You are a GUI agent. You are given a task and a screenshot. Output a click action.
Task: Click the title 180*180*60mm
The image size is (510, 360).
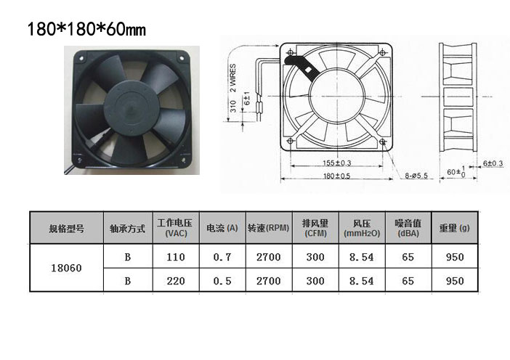[87, 29]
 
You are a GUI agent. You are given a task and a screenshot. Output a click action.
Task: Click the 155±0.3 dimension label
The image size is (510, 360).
[336, 163]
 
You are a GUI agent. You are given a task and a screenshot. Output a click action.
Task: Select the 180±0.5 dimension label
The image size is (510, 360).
[336, 176]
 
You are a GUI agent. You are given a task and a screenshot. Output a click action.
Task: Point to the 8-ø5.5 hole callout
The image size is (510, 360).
[416, 176]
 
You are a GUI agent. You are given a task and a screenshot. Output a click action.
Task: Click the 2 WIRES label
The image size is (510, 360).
[233, 78]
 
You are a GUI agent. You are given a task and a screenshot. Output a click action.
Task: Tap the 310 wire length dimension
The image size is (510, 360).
[233, 106]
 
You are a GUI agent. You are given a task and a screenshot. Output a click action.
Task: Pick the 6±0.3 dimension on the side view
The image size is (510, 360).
[493, 163]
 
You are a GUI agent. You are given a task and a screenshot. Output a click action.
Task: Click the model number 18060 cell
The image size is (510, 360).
[66, 268]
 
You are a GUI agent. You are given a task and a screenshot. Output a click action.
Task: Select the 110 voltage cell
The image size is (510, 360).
[176, 257]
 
